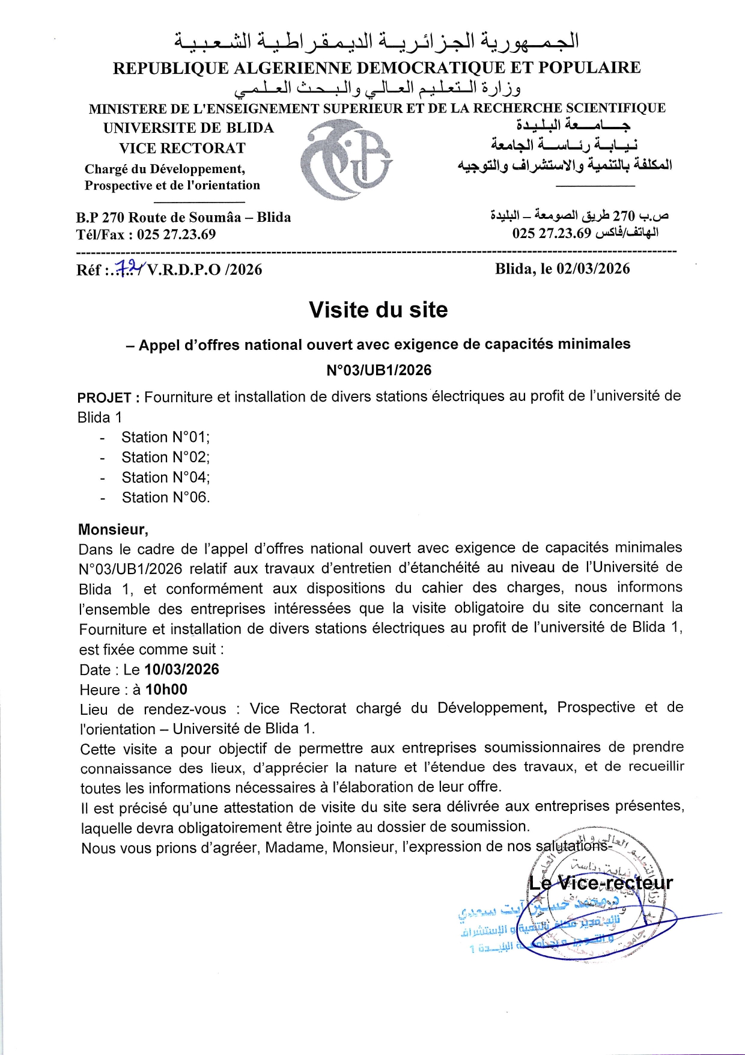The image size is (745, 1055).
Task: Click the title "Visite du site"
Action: (x=379, y=310)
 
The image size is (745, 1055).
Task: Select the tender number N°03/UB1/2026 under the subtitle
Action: (x=379, y=370)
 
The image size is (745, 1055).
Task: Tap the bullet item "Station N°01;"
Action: (x=165, y=437)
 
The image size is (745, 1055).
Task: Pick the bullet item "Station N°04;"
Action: (x=165, y=477)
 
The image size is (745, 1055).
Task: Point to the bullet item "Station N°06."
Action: (x=165, y=498)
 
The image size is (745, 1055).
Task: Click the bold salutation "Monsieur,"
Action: (x=113, y=530)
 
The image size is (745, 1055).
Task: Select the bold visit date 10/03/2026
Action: (x=182, y=670)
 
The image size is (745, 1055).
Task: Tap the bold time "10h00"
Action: (x=166, y=690)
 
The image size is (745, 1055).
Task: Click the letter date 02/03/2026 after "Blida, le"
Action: (x=593, y=269)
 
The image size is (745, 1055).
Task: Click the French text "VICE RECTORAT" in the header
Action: (x=182, y=148)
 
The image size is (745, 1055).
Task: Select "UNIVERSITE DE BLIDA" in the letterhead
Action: (x=188, y=128)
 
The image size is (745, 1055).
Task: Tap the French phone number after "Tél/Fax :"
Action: (x=176, y=234)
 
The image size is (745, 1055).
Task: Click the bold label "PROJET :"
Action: (x=109, y=397)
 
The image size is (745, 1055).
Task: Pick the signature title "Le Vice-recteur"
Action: (x=600, y=883)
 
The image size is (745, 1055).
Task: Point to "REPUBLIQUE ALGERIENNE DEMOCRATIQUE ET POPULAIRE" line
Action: (x=377, y=68)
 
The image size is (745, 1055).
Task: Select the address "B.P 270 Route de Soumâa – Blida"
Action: (x=183, y=218)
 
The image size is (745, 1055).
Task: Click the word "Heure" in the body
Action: (x=100, y=690)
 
